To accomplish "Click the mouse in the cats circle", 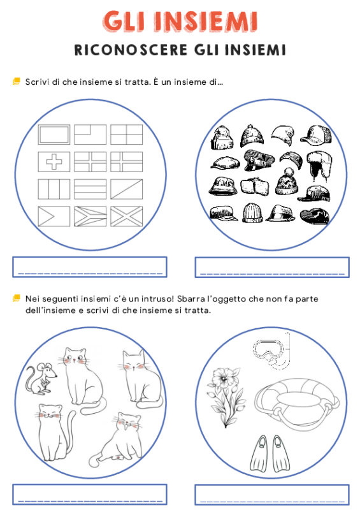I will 40,377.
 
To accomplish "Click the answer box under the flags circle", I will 90,266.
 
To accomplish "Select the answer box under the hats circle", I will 272,266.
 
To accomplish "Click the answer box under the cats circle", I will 90,494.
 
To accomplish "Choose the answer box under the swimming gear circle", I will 272,494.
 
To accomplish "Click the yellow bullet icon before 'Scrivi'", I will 16,82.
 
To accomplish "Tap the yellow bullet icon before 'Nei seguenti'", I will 16,298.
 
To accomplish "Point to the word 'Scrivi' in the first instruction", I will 37,82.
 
